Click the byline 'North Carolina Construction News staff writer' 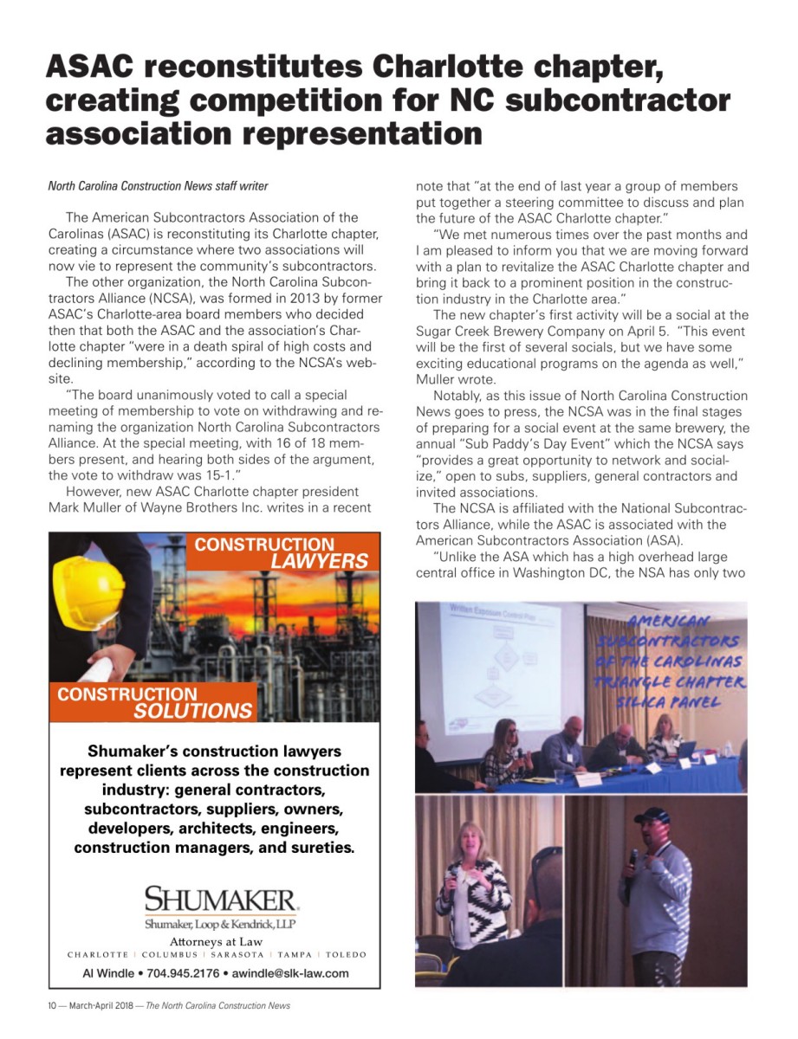158,186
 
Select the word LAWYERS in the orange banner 319,561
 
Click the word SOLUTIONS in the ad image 192,711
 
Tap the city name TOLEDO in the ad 346,955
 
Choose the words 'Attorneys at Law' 216,941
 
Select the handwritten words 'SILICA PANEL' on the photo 678,701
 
